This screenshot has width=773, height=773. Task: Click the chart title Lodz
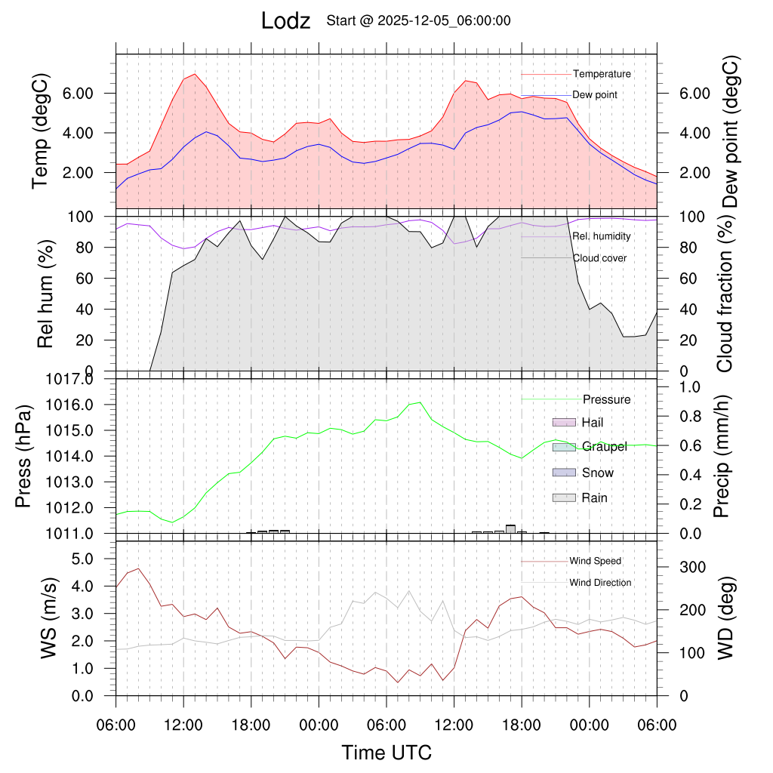[x=285, y=21]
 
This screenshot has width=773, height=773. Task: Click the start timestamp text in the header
[x=418, y=21]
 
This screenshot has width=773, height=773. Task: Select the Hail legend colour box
[x=565, y=421]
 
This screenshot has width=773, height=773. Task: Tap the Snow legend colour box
[x=565, y=473]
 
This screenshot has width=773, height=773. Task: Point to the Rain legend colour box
[x=565, y=497]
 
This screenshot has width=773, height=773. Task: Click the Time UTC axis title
[x=386, y=753]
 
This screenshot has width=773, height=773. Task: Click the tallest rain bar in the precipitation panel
[x=511, y=528]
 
